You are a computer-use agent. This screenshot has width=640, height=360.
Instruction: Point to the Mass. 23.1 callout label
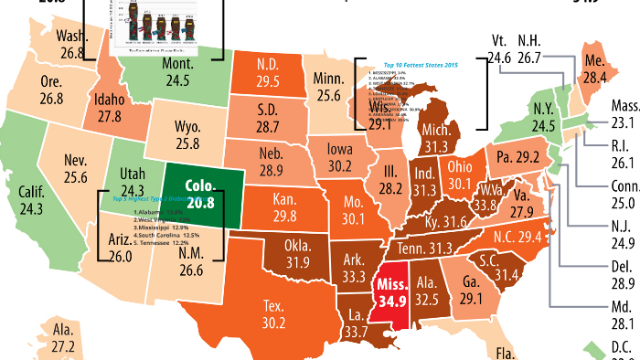[624, 113]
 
